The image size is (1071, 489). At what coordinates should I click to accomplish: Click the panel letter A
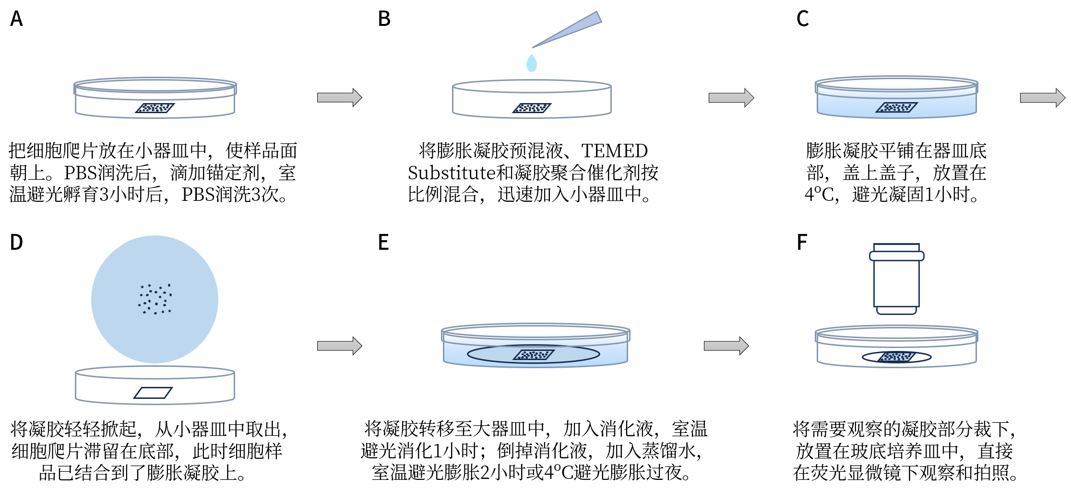(x=16, y=19)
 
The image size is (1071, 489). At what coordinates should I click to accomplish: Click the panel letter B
(x=384, y=19)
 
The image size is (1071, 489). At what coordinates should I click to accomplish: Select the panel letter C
(x=802, y=19)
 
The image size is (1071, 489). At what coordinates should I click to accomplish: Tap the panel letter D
(x=16, y=242)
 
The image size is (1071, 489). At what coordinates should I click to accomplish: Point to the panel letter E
(x=383, y=242)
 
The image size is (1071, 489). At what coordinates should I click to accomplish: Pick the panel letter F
(x=801, y=242)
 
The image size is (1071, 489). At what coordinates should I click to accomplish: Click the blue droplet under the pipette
(x=531, y=63)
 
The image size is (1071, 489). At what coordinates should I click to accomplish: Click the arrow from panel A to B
(x=339, y=97)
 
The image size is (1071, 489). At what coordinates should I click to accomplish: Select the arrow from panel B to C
(x=731, y=97)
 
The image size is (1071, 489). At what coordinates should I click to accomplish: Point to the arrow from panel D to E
(x=339, y=346)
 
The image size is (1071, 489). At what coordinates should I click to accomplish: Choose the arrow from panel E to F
(x=726, y=346)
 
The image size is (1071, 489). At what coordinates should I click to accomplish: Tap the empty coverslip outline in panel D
(x=153, y=393)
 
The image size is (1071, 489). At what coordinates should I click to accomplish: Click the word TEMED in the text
(x=614, y=151)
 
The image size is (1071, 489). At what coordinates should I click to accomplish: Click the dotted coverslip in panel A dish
(x=155, y=108)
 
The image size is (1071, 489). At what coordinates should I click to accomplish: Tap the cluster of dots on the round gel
(x=155, y=299)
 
